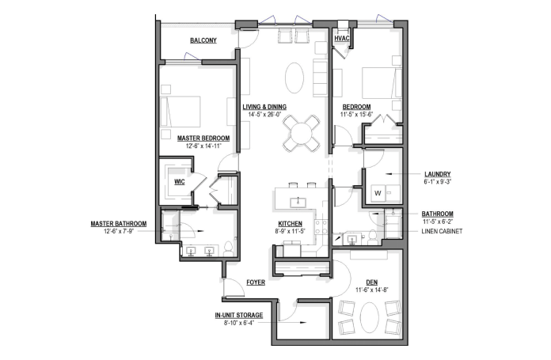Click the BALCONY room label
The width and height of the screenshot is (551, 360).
click(x=203, y=40)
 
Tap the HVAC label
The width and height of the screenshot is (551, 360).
click(x=341, y=38)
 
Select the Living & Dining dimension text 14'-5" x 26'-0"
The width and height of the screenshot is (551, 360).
click(x=264, y=115)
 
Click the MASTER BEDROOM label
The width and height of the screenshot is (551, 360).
click(x=203, y=138)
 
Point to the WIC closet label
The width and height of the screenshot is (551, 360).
click(x=180, y=182)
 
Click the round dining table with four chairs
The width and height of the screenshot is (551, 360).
click(x=302, y=133)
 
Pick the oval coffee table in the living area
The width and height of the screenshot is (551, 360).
click(x=294, y=78)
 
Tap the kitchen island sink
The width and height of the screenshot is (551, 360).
click(x=298, y=203)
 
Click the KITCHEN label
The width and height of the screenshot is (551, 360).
click(x=291, y=224)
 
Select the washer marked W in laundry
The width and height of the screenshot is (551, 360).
click(x=378, y=193)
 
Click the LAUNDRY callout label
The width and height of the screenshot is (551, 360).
click(x=438, y=174)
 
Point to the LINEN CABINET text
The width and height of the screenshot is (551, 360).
click(x=442, y=231)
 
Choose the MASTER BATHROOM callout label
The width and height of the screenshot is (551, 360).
click(x=119, y=224)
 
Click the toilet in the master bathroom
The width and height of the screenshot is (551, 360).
click(x=229, y=249)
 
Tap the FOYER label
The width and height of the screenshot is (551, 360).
click(x=256, y=282)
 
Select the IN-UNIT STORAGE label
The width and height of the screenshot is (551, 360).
click(x=239, y=316)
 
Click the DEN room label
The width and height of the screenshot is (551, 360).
click(x=372, y=282)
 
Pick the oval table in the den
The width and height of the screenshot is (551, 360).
click(x=370, y=318)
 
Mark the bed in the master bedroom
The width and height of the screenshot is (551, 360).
click(x=180, y=112)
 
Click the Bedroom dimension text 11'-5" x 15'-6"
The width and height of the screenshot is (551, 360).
click(x=356, y=115)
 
